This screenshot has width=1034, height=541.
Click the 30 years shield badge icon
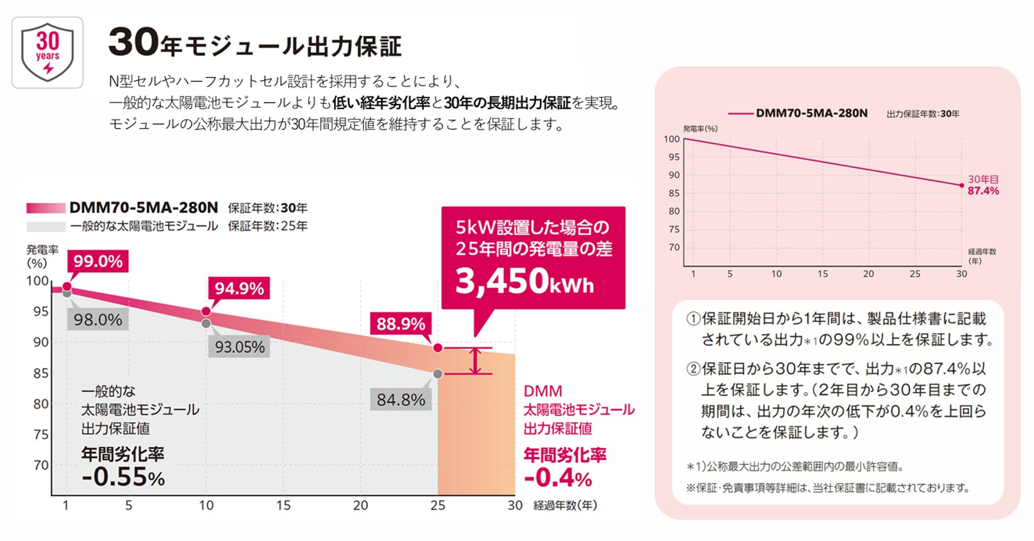pos(47,52)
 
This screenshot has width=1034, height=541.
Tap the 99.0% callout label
pos(98,261)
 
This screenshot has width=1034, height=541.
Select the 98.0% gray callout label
pos(98,320)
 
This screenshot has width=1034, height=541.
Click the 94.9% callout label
pos(239,288)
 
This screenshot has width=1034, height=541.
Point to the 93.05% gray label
pos(239,347)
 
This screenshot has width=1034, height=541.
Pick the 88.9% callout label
pos(401,324)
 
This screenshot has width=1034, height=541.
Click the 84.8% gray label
pos(401,400)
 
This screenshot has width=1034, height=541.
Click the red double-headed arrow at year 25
pos(476,361)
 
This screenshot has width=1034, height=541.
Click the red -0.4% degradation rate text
pos(558,478)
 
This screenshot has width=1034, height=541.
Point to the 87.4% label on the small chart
pos(983,191)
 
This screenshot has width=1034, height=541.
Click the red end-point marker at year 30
pos(962,185)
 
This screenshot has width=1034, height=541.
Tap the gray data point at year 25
pos(438,374)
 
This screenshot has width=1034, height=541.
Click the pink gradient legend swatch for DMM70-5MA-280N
pos(46,208)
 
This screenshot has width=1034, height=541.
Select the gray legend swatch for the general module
pos(46,226)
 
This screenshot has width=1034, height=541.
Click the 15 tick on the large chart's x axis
pos(284,505)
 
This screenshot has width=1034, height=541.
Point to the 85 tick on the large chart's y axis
pos(41,373)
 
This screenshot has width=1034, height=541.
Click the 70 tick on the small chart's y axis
pos(674,248)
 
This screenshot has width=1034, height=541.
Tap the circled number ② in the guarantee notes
pos(693,369)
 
